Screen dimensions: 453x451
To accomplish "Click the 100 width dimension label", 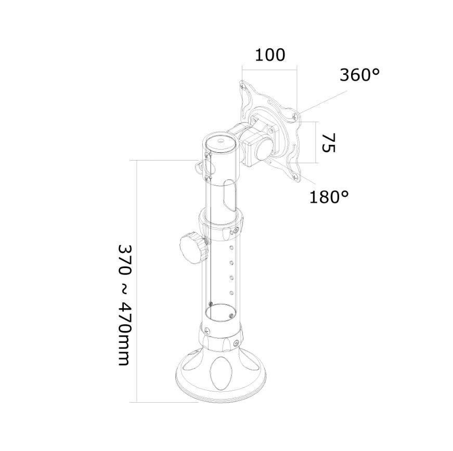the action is [x=270, y=55].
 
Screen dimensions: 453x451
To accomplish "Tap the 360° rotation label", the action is [x=359, y=75].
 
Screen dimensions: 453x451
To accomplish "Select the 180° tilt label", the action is [x=329, y=197].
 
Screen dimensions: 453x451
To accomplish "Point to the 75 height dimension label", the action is [x=328, y=142].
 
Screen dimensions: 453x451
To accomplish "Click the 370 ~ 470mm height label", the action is [x=125, y=306].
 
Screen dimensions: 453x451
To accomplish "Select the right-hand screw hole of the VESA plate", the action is [x=295, y=116].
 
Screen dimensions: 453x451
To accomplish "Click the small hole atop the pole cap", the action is [x=221, y=141].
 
